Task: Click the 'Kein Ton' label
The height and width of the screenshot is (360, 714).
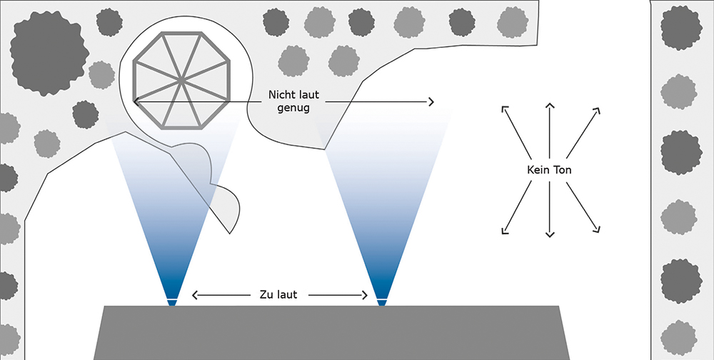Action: [549, 171]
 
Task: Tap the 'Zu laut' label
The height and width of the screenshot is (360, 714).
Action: [280, 294]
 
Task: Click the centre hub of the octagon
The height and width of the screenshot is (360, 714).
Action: [183, 80]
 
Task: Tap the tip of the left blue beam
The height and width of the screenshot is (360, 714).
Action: [171, 303]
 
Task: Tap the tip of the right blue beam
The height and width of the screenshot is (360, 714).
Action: [381, 303]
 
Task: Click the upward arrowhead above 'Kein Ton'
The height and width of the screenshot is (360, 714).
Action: [549, 106]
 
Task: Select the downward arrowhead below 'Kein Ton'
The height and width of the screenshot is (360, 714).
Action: [549, 235]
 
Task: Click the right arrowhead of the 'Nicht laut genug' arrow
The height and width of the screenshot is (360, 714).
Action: [432, 102]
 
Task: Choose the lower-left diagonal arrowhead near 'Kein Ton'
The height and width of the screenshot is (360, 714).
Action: [504, 231]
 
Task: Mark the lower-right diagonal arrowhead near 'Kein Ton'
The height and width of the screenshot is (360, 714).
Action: [598, 230]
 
